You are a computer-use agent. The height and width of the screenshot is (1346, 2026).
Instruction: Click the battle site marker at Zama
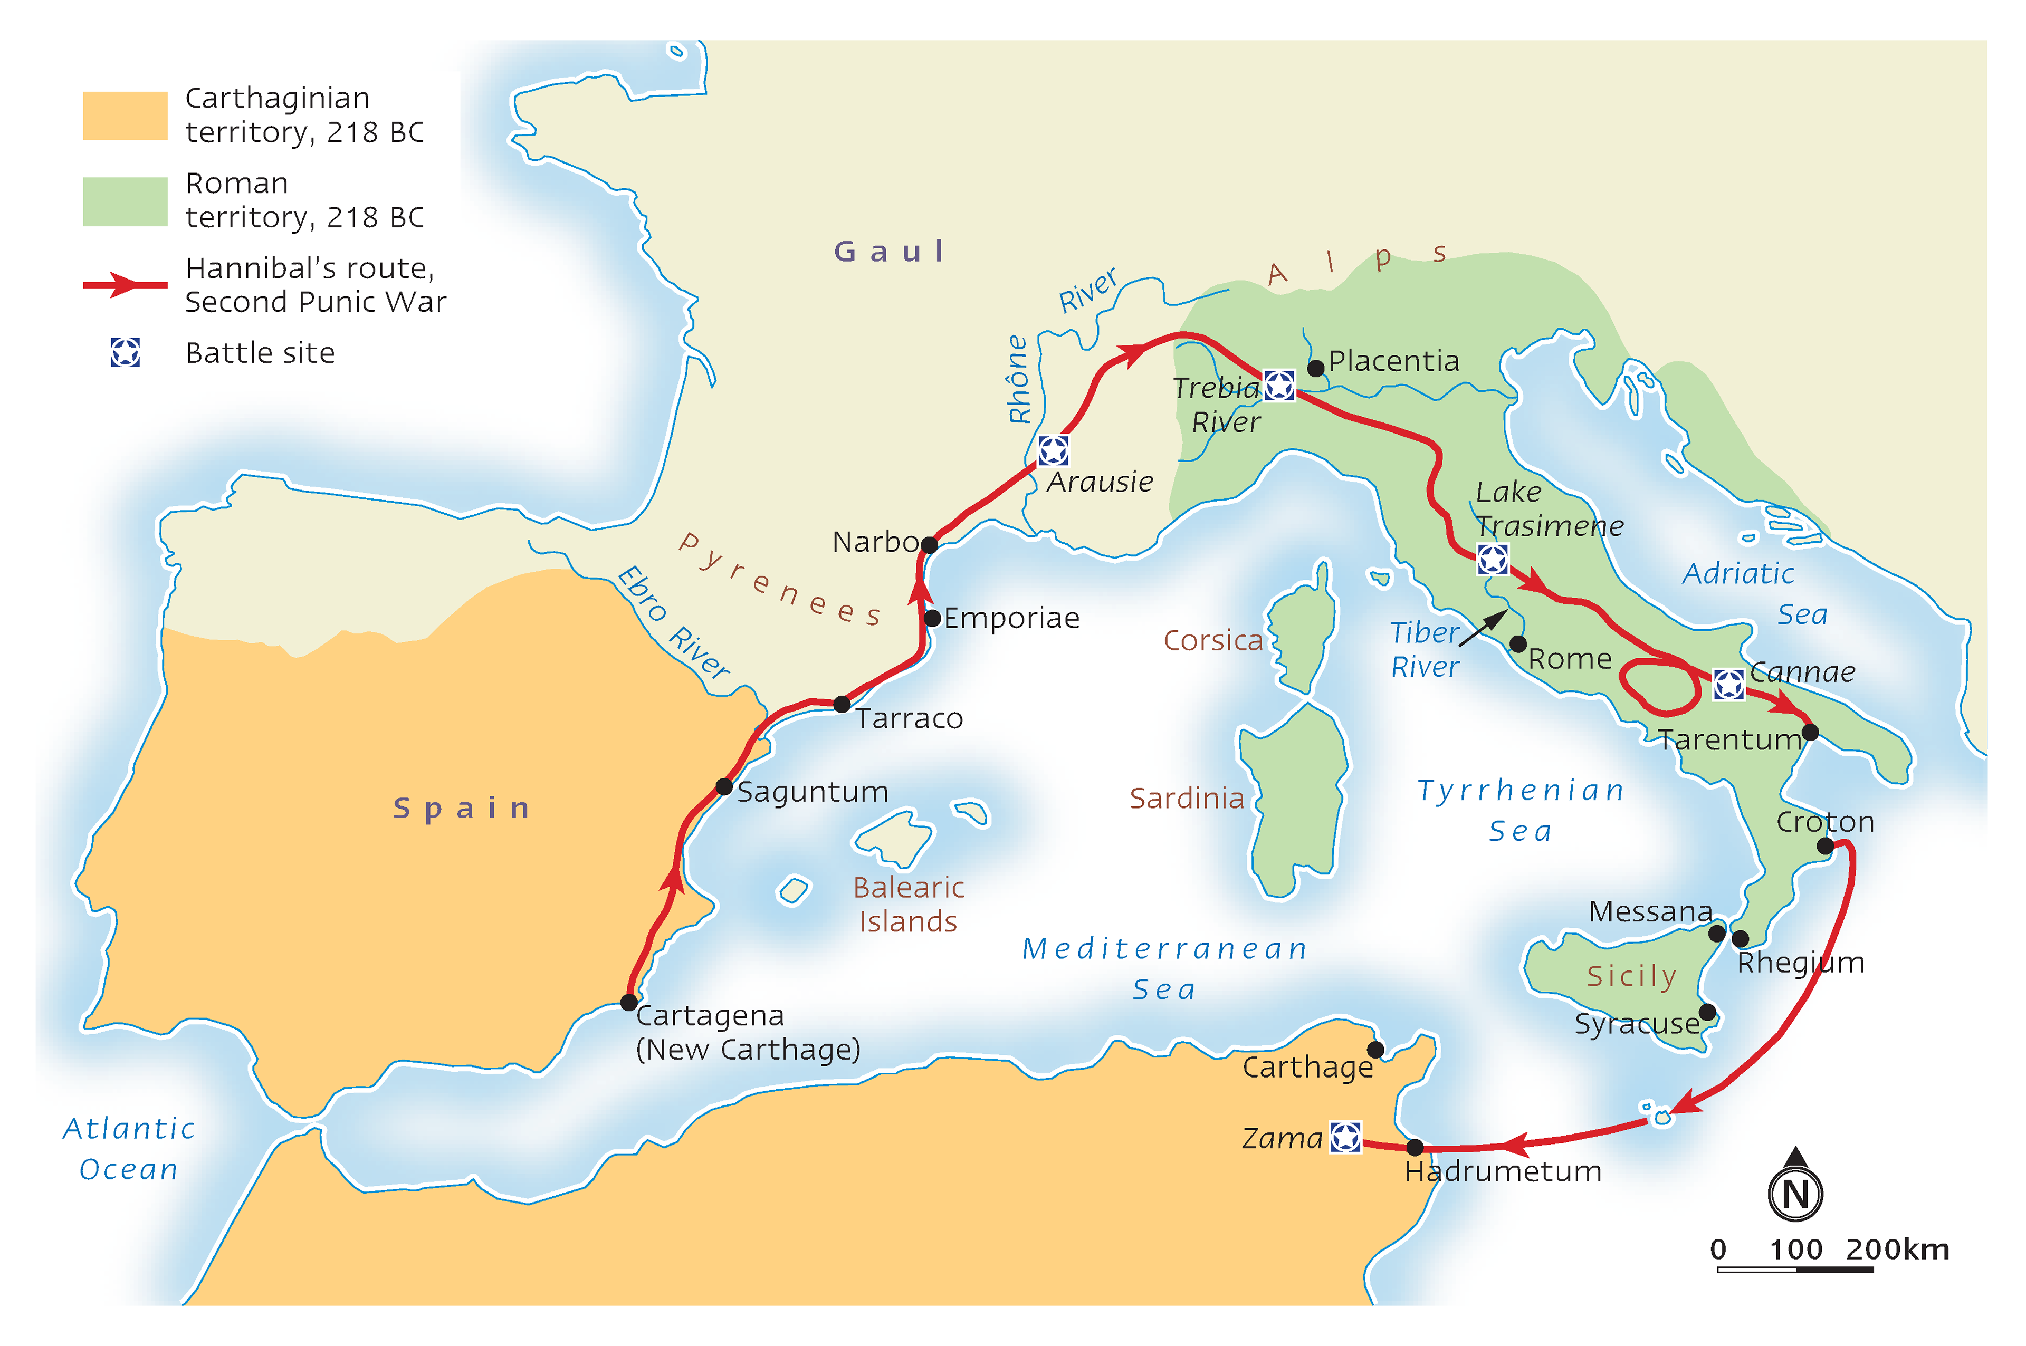(x=1345, y=1138)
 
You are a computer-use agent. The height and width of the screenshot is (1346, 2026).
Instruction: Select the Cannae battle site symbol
(x=1728, y=684)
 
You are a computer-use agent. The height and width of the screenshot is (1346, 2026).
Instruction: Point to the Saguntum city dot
(x=724, y=787)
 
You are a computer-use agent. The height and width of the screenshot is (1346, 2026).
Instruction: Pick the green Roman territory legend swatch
(x=125, y=201)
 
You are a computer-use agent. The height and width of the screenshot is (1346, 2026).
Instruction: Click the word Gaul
(x=890, y=252)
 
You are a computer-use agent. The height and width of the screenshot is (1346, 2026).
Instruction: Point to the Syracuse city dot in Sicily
(x=1707, y=1012)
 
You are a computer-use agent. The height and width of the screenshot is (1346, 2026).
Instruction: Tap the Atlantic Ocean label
(x=129, y=1149)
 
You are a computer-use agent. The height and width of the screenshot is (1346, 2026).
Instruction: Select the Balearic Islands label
(x=908, y=904)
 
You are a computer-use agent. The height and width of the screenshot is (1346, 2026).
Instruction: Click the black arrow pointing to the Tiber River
(x=1483, y=628)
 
